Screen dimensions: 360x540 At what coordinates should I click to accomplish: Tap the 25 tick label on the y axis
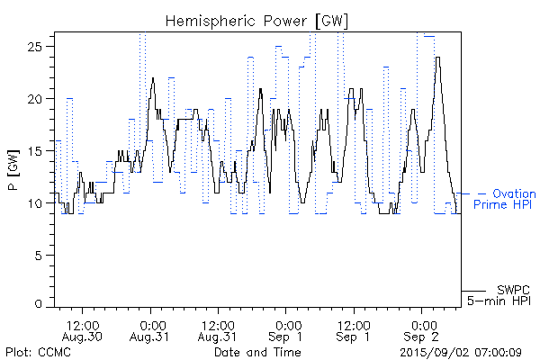click(39, 47)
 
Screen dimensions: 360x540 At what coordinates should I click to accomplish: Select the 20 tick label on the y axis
click(39, 99)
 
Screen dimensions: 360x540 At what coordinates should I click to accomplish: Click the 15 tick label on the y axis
click(39, 151)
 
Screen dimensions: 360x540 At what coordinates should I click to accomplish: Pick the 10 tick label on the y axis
click(39, 203)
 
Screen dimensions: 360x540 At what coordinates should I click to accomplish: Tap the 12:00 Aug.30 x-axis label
click(83, 329)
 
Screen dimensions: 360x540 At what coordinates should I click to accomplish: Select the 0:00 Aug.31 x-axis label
click(151, 329)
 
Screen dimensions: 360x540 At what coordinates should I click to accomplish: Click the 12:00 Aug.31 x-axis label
click(218, 329)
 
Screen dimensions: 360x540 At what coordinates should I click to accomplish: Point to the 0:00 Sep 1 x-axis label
click(286, 329)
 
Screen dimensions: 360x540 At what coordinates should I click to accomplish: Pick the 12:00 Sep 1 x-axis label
click(354, 329)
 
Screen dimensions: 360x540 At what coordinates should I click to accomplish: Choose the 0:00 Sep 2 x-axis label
click(421, 329)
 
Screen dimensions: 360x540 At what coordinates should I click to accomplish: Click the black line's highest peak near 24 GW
click(437, 58)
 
